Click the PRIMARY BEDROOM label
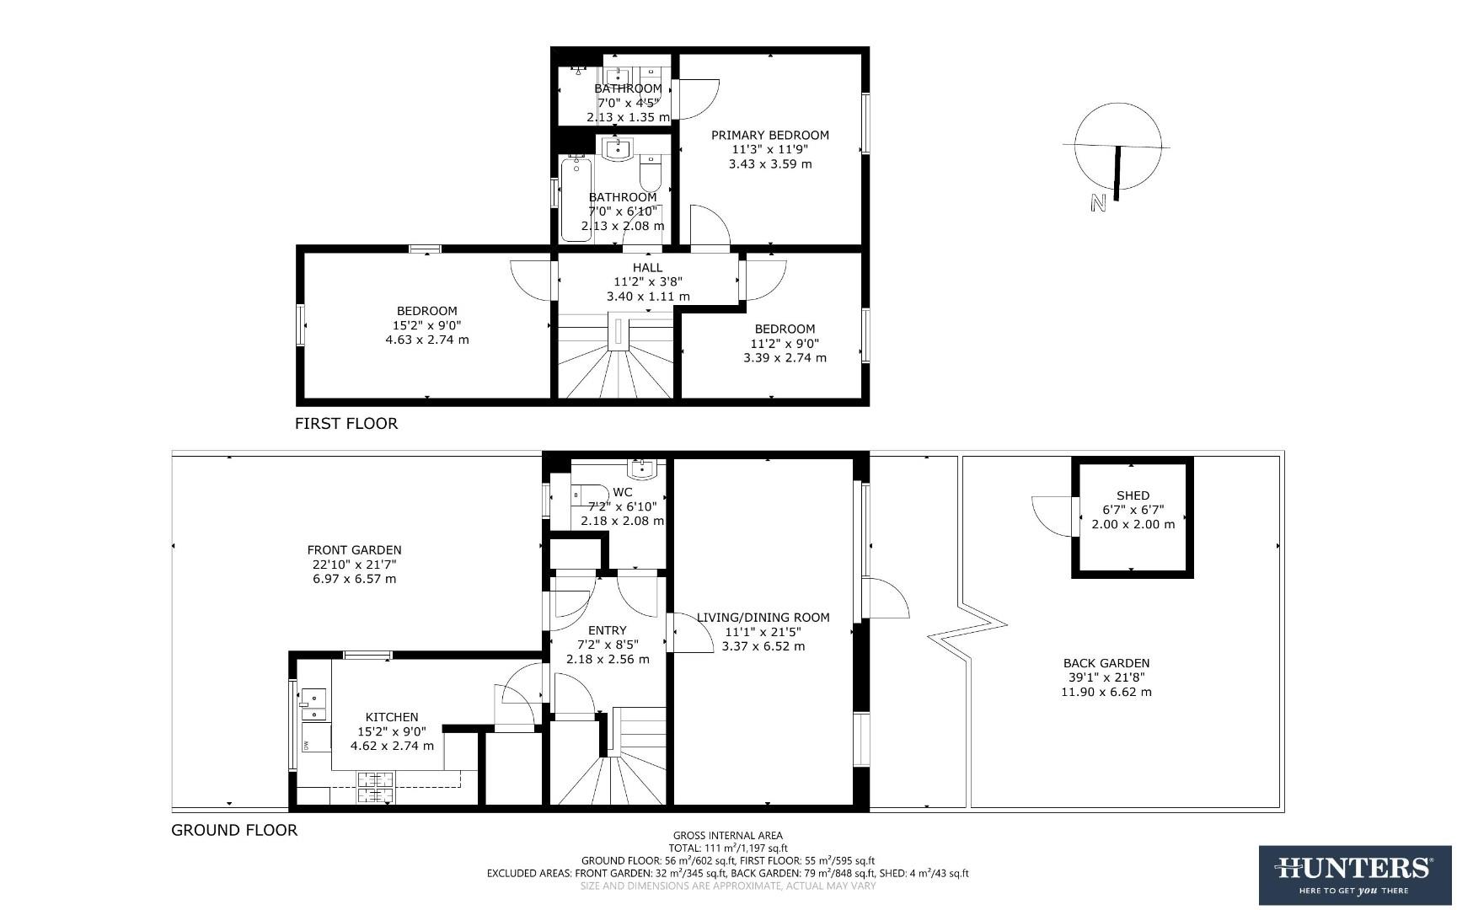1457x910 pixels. [769, 135]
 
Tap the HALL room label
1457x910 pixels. [647, 268]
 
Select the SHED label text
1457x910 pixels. [1133, 495]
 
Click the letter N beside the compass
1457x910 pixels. [1097, 203]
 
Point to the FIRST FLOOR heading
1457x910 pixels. [346, 423]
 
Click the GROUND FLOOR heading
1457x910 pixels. [234, 830]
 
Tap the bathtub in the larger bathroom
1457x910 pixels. [576, 199]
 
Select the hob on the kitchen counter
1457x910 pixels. [375, 789]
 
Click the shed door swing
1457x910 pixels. [1050, 514]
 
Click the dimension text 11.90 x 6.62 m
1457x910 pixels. [1106, 692]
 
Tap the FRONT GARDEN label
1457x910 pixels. [354, 550]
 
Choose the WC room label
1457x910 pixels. [622, 492]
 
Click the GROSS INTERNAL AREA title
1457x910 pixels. [727, 836]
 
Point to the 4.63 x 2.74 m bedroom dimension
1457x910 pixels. [426, 340]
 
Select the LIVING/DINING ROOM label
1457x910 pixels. [763, 617]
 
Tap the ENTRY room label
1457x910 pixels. [607, 630]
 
